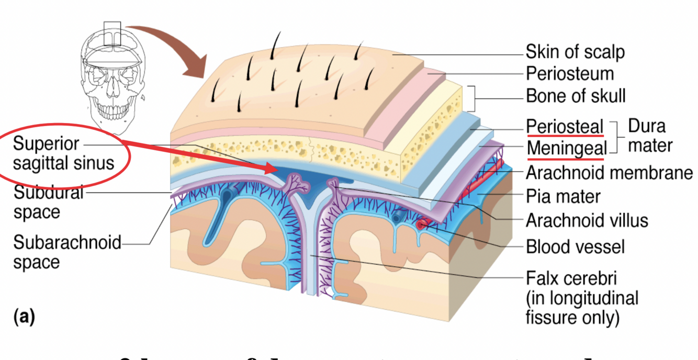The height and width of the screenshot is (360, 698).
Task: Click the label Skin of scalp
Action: [x=575, y=52]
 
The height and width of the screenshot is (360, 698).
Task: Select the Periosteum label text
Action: [x=570, y=73]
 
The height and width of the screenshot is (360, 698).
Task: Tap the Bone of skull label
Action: [x=576, y=96]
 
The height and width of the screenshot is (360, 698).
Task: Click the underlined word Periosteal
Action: [x=565, y=127]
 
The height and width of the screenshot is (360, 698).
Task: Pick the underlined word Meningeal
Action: [x=567, y=149]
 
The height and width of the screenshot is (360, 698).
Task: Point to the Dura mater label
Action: [x=650, y=135]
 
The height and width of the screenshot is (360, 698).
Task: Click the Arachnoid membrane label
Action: [x=609, y=172]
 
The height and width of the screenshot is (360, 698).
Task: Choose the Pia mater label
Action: [x=563, y=196]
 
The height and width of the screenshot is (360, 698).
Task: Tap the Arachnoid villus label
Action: [x=587, y=220]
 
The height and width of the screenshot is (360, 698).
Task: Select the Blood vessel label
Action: [x=575, y=246]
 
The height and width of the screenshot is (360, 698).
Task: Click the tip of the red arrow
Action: [x=274, y=168]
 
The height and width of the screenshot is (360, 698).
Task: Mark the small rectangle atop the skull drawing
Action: [x=112, y=33]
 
